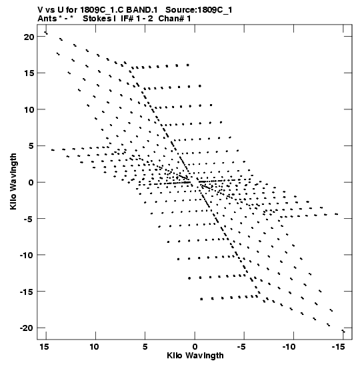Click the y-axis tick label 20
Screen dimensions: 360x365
point(29,37)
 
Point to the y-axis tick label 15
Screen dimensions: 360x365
point(29,73)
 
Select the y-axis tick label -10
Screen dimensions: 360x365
point(26,255)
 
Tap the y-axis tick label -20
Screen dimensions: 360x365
point(26,328)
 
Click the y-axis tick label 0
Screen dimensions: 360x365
point(31,183)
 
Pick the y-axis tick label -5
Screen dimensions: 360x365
point(29,219)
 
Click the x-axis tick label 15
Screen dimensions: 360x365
point(44,347)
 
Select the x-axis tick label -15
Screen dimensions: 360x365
point(337,347)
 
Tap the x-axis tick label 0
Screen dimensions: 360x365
point(195,347)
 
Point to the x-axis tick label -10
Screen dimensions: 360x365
point(288,347)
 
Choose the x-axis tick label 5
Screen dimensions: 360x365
point(145,347)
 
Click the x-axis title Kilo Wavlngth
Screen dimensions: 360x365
point(195,356)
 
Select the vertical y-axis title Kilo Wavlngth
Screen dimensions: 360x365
point(13,181)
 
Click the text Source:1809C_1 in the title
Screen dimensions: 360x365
point(199,10)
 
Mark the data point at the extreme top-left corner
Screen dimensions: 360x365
point(46,33)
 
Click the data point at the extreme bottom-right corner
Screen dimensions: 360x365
point(343,331)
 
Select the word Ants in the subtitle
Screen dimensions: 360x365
point(47,19)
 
